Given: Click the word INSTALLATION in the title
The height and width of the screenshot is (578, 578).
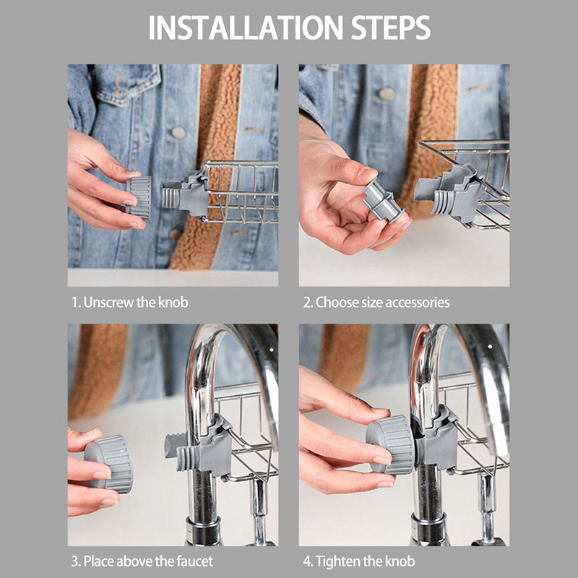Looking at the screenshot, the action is pyautogui.click(x=246, y=27).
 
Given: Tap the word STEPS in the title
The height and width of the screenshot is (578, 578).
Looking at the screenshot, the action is pyautogui.click(x=390, y=27).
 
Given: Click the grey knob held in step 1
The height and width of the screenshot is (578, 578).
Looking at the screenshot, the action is pyautogui.click(x=139, y=197).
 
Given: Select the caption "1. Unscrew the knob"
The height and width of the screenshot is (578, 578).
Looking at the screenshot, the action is pyautogui.click(x=130, y=303).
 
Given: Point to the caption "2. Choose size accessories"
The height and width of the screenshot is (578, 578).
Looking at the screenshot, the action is pyautogui.click(x=376, y=303).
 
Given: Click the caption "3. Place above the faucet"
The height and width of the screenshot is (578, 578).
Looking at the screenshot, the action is pyautogui.click(x=142, y=561).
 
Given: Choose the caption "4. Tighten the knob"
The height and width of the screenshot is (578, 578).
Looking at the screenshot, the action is pyautogui.click(x=359, y=561).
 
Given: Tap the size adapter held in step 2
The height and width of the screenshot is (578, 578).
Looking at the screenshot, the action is pyautogui.click(x=384, y=202).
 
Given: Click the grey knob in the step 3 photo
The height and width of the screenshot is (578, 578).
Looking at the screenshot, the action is pyautogui.click(x=109, y=463).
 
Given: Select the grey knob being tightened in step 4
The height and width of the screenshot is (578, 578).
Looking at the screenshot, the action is pyautogui.click(x=390, y=444).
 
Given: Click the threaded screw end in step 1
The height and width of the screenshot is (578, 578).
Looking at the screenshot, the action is pyautogui.click(x=171, y=198).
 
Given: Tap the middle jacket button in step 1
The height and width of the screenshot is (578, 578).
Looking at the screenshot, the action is pyautogui.click(x=178, y=133).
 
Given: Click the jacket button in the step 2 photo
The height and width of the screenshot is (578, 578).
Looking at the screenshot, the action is pyautogui.click(x=387, y=94).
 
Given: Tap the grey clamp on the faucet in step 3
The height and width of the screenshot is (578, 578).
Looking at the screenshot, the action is pyautogui.click(x=212, y=446).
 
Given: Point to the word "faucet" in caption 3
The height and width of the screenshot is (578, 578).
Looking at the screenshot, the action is pyautogui.click(x=194, y=561).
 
